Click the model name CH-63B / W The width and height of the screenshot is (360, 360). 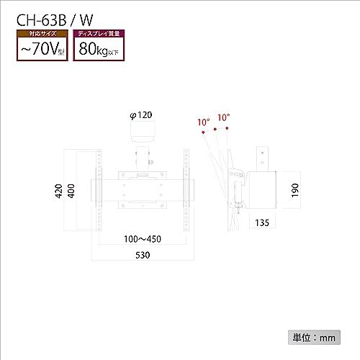point(55,20)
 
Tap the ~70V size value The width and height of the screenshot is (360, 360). point(42,49)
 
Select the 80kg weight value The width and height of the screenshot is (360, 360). point(99,49)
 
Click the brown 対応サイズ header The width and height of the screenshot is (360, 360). point(42,33)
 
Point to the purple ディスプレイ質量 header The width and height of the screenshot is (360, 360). point(99,33)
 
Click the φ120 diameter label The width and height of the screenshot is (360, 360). point(141,115)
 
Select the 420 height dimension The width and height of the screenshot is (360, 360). point(58,191)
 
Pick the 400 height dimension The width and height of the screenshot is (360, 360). point(71,191)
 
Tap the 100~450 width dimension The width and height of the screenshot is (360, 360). point(143,239)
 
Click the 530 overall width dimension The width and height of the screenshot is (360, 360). point(143,255)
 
